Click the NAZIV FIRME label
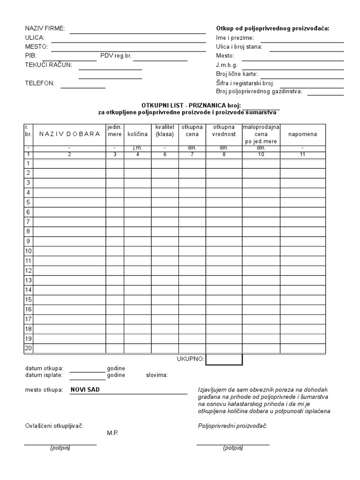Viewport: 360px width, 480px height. pos(45,29)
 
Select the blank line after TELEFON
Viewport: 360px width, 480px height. pos(83,87)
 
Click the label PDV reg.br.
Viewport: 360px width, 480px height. pos(116,56)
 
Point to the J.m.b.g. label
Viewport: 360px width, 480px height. pos(226,65)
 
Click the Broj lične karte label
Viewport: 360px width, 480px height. pos(237,74)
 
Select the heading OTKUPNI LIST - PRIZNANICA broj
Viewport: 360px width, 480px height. pos(191,106)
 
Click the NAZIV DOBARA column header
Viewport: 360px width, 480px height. pos(69,134)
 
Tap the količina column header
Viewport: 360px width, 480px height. pos(137,134)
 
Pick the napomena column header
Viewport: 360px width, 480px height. pos(302,134)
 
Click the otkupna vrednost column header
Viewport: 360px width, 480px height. pos(224,131)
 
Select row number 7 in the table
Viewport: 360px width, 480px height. pos(28,221)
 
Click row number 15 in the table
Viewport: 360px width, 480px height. pos(28,299)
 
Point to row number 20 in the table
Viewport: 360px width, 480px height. pos(28,348)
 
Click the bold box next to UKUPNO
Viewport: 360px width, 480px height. pos(224,359)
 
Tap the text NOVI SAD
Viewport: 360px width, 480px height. pos(85,390)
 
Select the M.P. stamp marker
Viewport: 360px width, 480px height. pos(112,433)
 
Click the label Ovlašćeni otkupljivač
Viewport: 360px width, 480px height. pos(54,426)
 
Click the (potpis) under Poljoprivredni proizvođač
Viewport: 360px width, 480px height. pos(233,448)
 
